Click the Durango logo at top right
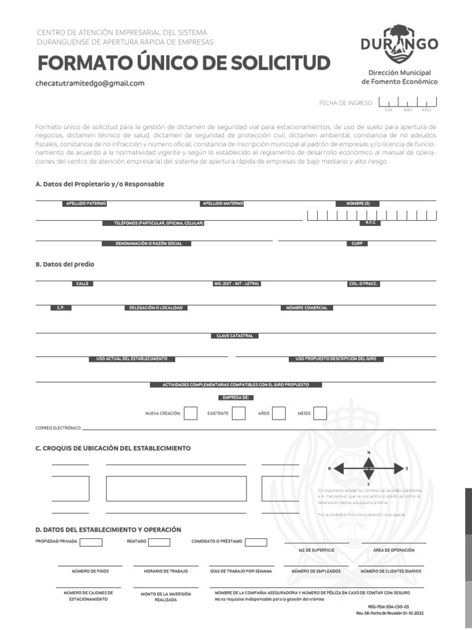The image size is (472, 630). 399,42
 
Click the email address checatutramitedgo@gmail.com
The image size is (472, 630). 90,84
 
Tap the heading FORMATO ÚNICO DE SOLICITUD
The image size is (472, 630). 184,63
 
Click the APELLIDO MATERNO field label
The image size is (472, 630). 222,203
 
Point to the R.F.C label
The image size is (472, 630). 370,223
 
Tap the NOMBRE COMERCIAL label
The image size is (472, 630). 307,308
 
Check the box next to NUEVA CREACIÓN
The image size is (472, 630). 191,413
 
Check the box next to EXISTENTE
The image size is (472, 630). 238,413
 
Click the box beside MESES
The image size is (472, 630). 320,413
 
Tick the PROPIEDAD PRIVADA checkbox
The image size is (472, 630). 91,542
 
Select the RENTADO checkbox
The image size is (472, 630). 159,542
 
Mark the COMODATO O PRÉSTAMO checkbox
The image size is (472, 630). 256,542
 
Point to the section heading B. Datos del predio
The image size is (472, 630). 65,264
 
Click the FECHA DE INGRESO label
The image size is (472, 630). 345,103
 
